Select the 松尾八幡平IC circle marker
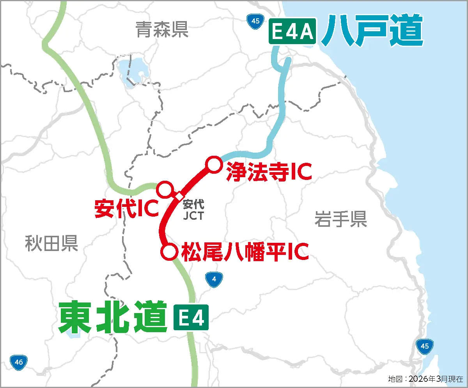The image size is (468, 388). click(169, 252)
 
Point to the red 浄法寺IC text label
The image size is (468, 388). click(269, 172)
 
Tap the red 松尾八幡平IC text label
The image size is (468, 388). click(245, 252)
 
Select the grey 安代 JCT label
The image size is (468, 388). click(193, 210)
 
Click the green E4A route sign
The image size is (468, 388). click(292, 33)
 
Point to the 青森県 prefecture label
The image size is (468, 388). click(162, 30)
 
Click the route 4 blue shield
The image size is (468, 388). click(214, 279)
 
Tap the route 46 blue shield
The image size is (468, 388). click(19, 362)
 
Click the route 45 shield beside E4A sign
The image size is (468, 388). click(255, 21)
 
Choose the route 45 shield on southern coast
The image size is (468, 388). click(425, 346)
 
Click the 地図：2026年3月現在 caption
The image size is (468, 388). click(425, 379)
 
